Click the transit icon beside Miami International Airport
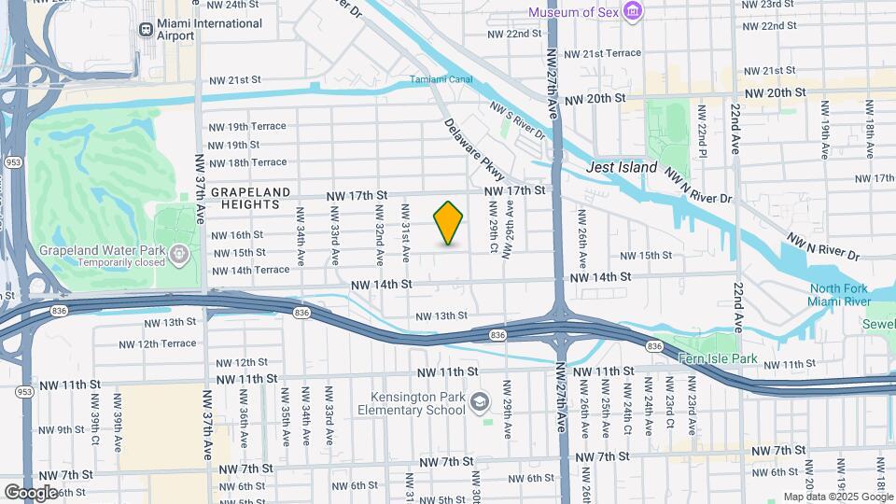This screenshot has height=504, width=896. [146, 30]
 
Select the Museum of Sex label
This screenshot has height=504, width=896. [573, 12]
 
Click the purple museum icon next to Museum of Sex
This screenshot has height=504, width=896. [635, 11]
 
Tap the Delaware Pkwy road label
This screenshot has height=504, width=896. [474, 149]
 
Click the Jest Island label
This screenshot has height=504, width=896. [622, 168]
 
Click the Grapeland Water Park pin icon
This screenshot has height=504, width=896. [179, 252]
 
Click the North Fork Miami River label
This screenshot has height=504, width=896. [839, 295]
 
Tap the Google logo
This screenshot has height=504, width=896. [31, 492]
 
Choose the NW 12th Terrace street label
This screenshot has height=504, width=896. [156, 343]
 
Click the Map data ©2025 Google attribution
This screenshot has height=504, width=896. [837, 497]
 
